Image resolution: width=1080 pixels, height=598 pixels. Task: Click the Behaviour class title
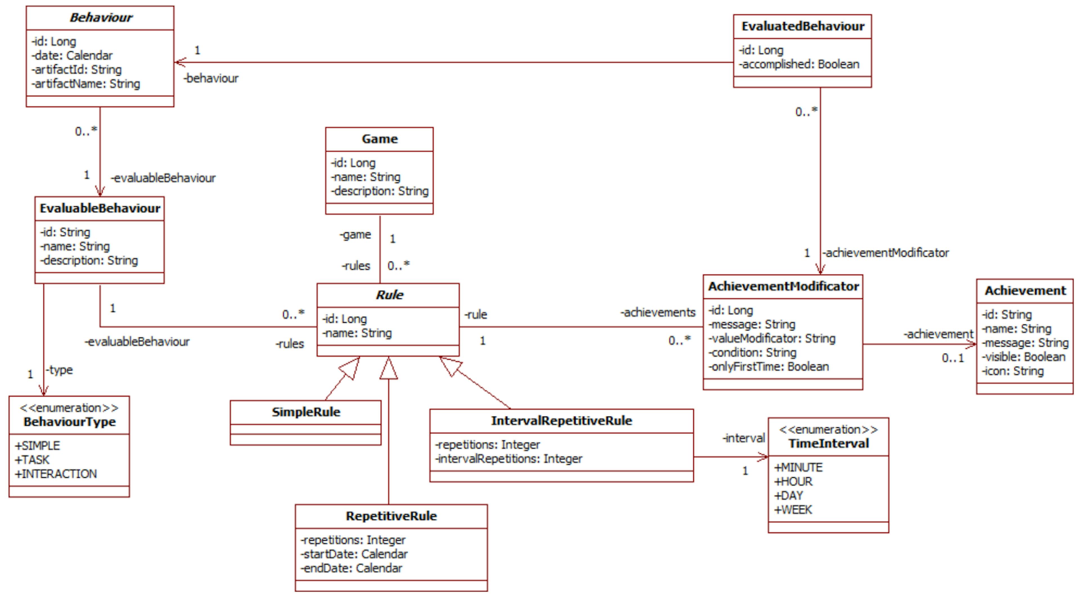tap(101, 18)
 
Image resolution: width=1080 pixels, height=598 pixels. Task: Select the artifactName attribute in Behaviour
tap(86, 84)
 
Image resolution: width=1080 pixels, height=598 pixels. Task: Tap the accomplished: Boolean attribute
tap(799, 64)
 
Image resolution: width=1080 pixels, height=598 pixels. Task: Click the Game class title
tap(379, 139)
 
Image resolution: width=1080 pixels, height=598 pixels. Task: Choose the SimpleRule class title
tap(306, 412)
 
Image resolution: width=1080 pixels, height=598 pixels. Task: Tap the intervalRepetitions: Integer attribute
tap(508, 459)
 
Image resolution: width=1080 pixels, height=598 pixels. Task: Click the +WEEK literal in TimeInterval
tap(793, 510)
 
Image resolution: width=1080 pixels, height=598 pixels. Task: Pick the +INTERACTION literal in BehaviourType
tap(56, 474)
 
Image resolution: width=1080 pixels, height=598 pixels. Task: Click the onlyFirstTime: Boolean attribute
tap(768, 367)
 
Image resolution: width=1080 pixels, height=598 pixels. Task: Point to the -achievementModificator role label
tap(885, 253)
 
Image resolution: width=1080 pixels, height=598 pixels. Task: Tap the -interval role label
tap(743, 438)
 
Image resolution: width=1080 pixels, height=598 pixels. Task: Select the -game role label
tap(355, 235)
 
